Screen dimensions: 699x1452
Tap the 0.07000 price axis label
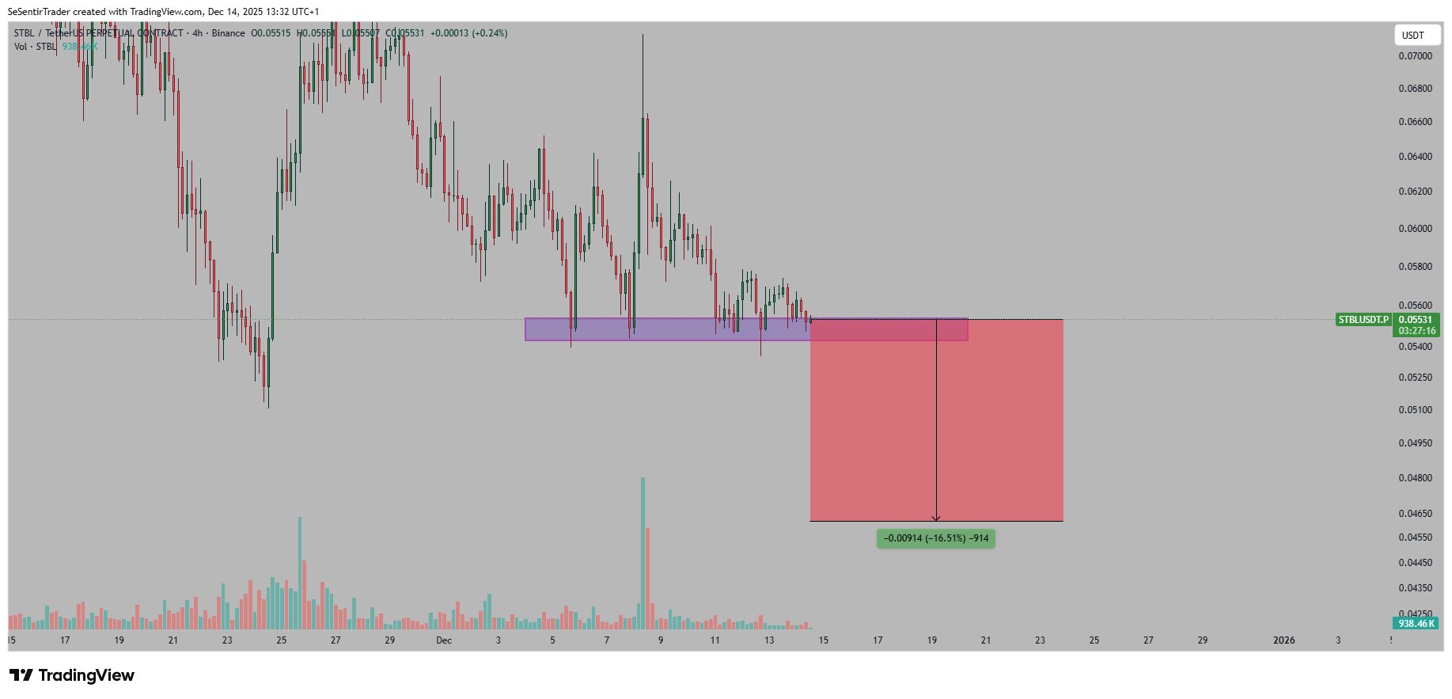(x=1415, y=56)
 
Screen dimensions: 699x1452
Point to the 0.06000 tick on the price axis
(x=1415, y=229)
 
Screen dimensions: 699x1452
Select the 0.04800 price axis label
(x=1415, y=478)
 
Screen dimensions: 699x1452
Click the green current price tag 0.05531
(x=1416, y=320)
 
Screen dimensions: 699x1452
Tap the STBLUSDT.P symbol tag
(x=1363, y=320)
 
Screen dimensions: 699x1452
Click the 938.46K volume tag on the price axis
(x=1416, y=624)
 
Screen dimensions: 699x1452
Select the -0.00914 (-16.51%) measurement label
(x=935, y=538)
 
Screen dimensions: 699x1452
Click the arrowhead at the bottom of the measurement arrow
(x=936, y=519)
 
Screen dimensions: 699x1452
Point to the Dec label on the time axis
(x=444, y=640)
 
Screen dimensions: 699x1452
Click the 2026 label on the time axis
(x=1283, y=640)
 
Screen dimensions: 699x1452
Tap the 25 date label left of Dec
(x=282, y=640)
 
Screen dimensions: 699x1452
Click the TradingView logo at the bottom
(x=72, y=675)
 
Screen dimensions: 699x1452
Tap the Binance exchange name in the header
(x=228, y=33)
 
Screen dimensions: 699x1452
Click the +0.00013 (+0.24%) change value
(x=468, y=33)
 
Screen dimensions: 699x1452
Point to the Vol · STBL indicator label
(x=35, y=47)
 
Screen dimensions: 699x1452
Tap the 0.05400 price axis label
(x=1415, y=347)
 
